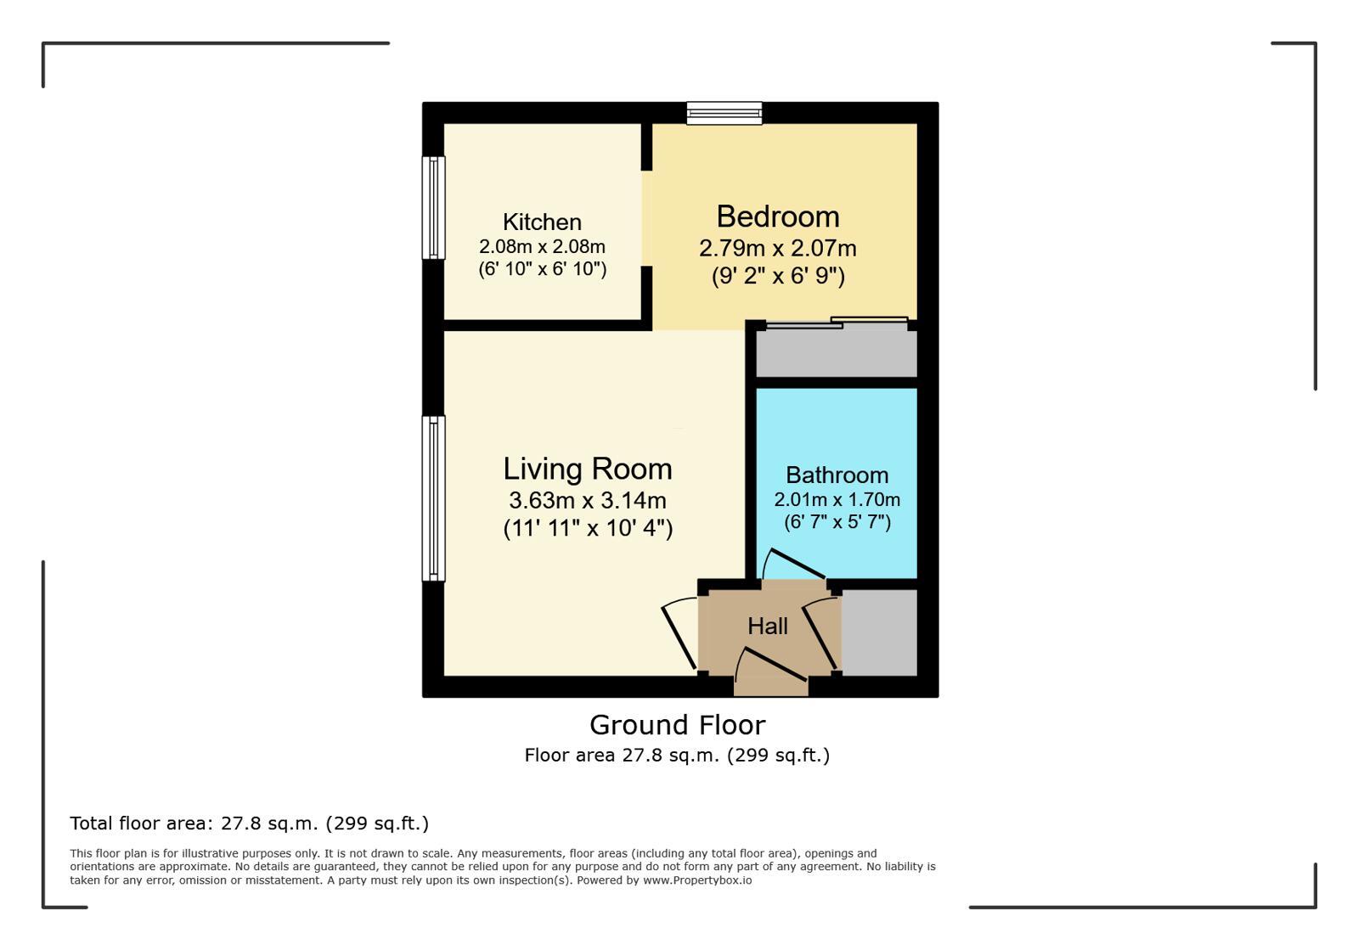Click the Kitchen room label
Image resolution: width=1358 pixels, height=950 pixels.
(542, 222)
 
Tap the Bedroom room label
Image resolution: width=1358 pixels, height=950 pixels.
(777, 216)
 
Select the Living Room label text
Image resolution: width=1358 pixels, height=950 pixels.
(587, 469)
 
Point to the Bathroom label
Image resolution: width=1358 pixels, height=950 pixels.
(837, 475)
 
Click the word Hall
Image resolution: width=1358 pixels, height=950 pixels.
(767, 627)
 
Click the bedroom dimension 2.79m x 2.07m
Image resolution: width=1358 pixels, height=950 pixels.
(777, 249)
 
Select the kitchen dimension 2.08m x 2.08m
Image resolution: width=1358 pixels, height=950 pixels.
(542, 247)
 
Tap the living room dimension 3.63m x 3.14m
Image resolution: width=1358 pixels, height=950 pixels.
(587, 500)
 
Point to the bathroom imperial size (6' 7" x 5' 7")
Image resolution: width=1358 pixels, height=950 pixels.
(837, 522)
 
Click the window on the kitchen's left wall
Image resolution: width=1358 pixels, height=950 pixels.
(434, 208)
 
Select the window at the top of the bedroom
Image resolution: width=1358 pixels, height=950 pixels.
(724, 113)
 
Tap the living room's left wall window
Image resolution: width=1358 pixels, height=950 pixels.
(434, 498)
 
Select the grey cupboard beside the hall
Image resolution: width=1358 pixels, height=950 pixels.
(879, 632)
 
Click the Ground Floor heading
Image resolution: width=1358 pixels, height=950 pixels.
(677, 725)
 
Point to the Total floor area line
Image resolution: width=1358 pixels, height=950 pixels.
(249, 824)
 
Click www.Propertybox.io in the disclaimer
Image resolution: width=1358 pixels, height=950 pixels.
(696, 880)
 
